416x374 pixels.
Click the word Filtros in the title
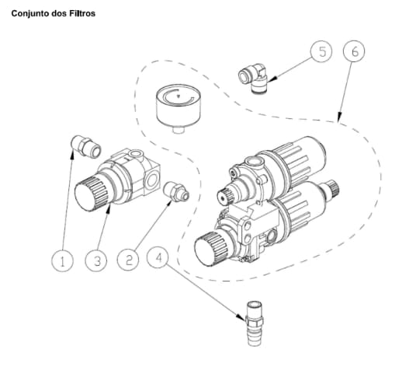coord(82,13)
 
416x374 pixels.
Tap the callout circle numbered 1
coord(62,260)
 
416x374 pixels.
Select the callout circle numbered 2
coord(128,260)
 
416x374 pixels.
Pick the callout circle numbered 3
coord(97,260)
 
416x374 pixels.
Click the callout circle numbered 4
coord(158,257)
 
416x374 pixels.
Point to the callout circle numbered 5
coord(322,51)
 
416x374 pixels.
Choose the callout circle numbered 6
coord(354,51)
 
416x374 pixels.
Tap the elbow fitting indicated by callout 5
coord(254,78)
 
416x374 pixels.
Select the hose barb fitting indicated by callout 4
coord(255,323)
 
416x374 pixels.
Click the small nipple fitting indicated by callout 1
coord(86,146)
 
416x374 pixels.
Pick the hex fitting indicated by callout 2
coord(176,190)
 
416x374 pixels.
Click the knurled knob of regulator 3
coord(92,194)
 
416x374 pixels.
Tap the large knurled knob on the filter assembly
coord(211,248)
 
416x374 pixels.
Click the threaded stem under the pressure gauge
coord(179,130)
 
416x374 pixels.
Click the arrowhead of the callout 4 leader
coord(241,317)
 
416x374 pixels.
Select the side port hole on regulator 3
coord(152,180)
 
